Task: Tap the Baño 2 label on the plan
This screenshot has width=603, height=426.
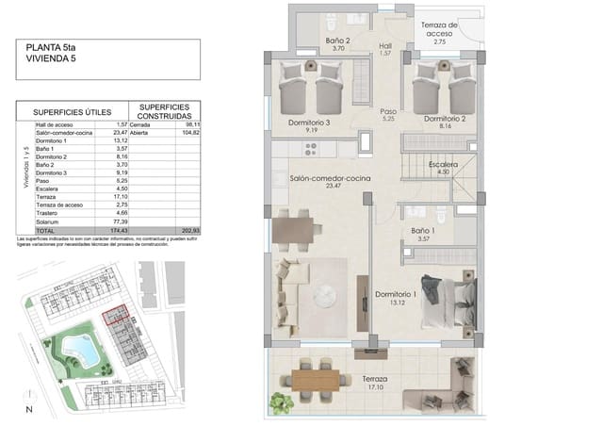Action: pyautogui.click(x=338, y=41)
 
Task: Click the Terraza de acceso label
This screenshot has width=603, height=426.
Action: pyautogui.click(x=439, y=29)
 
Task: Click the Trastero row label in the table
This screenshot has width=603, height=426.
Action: pyautogui.click(x=49, y=214)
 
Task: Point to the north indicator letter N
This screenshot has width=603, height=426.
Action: pyautogui.click(x=29, y=408)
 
